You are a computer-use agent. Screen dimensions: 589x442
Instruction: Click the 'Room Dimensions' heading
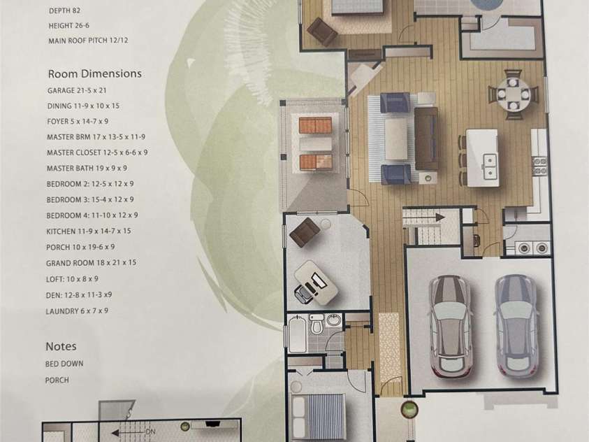pos(94,73)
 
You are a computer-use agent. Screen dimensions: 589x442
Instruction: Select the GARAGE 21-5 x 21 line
pos(77,91)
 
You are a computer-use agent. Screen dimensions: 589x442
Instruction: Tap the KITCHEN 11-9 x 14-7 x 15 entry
pos(89,231)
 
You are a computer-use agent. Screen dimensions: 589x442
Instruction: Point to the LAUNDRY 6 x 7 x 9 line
pos(77,311)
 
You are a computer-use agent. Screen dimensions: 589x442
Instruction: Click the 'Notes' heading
pos(61,346)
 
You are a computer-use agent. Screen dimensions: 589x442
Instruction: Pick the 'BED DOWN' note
pos(64,364)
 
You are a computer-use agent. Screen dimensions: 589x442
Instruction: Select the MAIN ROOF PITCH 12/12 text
pos(88,41)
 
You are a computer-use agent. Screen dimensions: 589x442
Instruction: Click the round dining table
pos(513,94)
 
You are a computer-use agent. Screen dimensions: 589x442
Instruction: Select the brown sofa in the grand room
pos(426,138)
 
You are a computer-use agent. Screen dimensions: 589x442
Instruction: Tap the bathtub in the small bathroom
pos(298,334)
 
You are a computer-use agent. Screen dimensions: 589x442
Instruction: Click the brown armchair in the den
pos(305,232)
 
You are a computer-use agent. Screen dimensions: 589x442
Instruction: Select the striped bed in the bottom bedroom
pos(318,418)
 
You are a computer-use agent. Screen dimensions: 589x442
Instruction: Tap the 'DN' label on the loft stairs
pos(150,432)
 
